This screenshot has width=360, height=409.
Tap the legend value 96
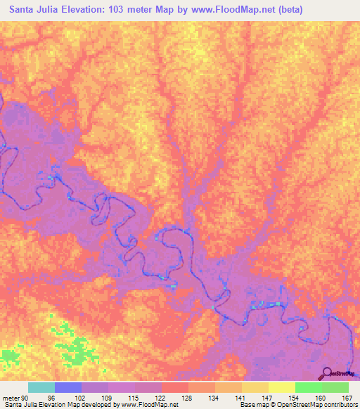coord(51,397)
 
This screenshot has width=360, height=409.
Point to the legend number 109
coord(105,397)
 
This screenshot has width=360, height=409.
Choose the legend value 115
coord(133,397)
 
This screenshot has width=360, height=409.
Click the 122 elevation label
coord(160,397)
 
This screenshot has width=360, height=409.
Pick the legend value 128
coord(188,397)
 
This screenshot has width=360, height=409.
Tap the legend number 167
coord(347,397)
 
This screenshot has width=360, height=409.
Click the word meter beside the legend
coord(9,397)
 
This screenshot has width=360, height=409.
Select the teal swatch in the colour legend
coord(41,387)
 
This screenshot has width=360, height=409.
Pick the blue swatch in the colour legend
coord(68,387)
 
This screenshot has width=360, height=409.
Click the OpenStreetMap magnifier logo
coord(328,372)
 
